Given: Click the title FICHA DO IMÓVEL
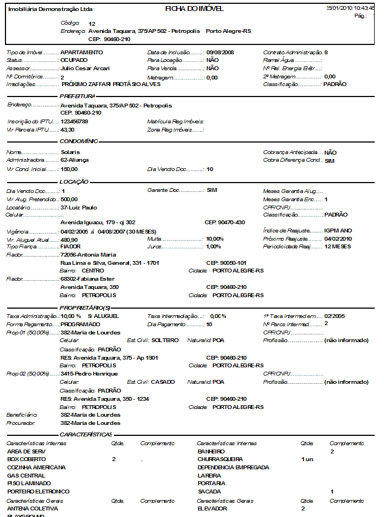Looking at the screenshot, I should tap(194, 9).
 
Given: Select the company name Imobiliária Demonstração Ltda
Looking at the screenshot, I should tap(50, 9).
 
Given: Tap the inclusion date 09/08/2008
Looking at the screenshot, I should tap(221, 52).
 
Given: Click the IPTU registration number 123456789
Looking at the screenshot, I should tap(75, 122).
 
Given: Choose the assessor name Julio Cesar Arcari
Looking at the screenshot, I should tap(85, 69).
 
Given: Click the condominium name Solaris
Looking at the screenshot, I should tap(70, 152).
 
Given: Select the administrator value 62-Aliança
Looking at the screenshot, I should tap(75, 160).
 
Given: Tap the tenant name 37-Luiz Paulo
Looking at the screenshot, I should tap(78, 208).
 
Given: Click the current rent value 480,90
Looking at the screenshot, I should tap(69, 240).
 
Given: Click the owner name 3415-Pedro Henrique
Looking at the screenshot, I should tap(89, 374).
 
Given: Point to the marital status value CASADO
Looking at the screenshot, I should tap(162, 382).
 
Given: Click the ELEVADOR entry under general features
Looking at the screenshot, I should tap(212, 509).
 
